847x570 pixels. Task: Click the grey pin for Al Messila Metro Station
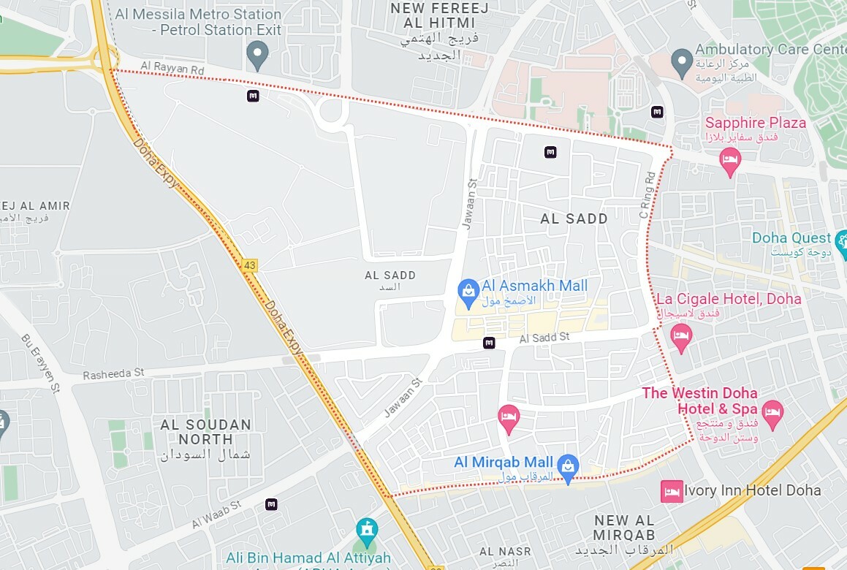(x=257, y=54)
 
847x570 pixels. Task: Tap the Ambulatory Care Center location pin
(x=681, y=61)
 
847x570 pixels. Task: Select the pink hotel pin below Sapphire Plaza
(x=729, y=160)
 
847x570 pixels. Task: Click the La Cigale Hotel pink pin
(x=681, y=337)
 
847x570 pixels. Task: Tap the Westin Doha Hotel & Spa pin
(x=772, y=412)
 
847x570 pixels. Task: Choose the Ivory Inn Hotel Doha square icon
(x=671, y=491)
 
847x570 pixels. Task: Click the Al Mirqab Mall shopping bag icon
(x=567, y=465)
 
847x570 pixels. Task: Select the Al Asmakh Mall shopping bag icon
(x=468, y=291)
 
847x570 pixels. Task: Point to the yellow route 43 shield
(x=250, y=265)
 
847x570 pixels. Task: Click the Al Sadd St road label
(x=544, y=338)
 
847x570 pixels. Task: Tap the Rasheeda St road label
(x=113, y=373)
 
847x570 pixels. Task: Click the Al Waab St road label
(x=216, y=514)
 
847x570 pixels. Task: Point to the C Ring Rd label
(x=647, y=194)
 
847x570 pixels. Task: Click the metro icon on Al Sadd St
(x=489, y=343)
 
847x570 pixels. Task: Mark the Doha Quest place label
(x=791, y=238)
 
